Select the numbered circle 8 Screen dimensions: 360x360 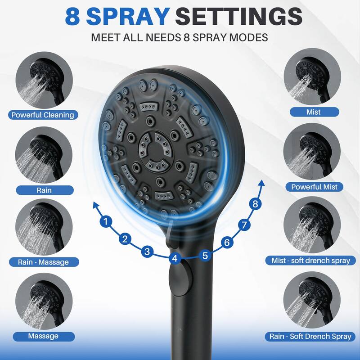[256, 204]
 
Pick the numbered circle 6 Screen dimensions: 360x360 [227, 243]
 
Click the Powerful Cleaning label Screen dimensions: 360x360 [43, 115]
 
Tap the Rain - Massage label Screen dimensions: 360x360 [43, 261]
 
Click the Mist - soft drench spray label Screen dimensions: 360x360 [313, 260]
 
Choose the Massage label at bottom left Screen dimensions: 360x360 [43, 336]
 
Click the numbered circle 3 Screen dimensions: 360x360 [147, 251]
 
